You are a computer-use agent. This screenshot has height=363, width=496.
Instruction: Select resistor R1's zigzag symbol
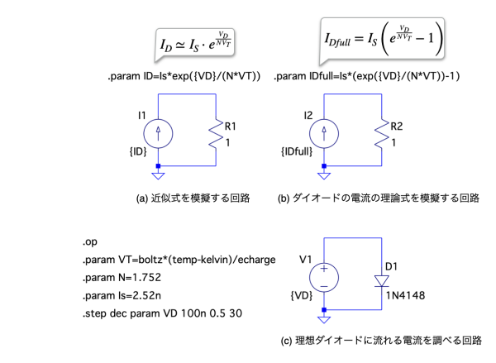click(217, 134)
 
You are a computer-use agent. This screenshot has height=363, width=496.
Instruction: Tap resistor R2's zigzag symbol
click(383, 134)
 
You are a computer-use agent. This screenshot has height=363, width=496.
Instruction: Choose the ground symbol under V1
click(324, 318)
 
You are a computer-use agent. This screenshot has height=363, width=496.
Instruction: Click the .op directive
click(90, 241)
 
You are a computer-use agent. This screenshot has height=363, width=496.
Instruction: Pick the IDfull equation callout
click(379, 38)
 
